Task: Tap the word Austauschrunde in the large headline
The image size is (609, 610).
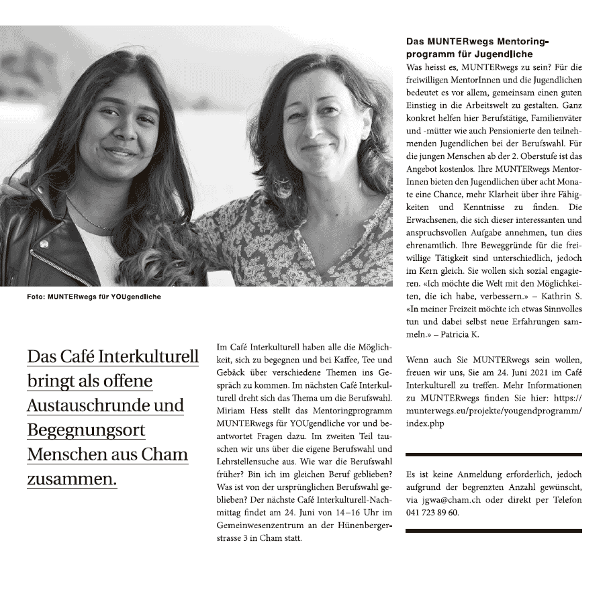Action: point(80,406)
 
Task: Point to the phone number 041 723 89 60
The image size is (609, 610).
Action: point(433,513)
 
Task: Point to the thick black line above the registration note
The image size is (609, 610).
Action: point(494,454)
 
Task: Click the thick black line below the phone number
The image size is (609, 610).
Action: point(494,531)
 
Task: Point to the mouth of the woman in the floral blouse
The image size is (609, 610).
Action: point(314,146)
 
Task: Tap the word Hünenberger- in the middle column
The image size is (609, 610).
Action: point(359,526)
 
